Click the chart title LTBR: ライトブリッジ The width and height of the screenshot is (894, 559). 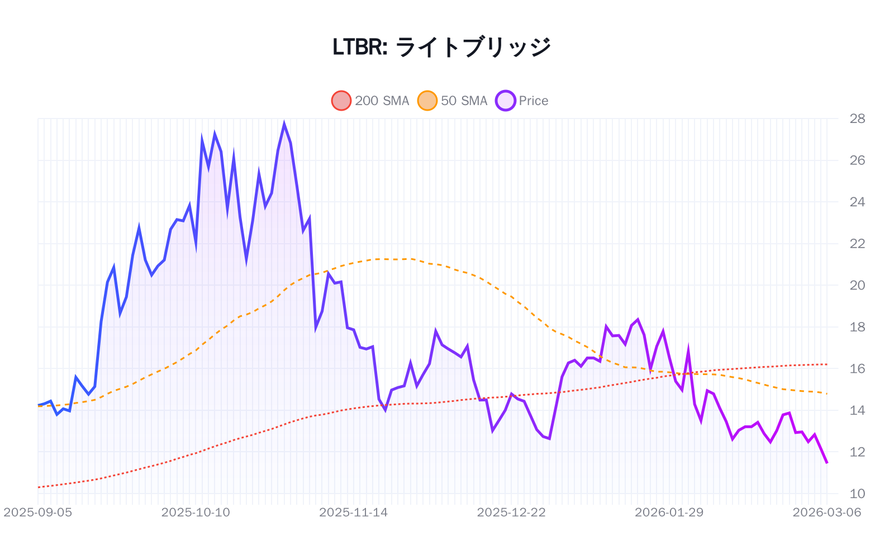(441, 47)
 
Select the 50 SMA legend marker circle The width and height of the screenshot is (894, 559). (427, 101)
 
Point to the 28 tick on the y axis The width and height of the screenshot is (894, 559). (857, 119)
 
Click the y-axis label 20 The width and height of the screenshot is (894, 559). (857, 285)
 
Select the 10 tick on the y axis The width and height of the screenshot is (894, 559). (857, 494)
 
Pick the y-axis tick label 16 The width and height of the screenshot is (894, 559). (857, 368)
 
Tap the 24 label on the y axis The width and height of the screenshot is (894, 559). (857, 202)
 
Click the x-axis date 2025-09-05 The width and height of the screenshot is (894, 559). (38, 512)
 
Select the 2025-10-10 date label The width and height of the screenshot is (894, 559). (196, 512)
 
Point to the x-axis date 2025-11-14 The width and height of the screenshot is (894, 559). (353, 512)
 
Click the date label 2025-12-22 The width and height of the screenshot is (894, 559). (511, 512)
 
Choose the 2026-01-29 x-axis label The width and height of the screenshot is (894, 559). (669, 512)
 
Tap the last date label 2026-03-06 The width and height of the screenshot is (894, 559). (826, 512)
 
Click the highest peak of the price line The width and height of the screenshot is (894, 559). (284, 124)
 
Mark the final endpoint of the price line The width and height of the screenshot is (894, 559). (827, 463)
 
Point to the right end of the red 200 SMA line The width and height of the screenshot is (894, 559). (827, 364)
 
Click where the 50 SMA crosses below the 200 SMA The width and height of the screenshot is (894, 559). (685, 373)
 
